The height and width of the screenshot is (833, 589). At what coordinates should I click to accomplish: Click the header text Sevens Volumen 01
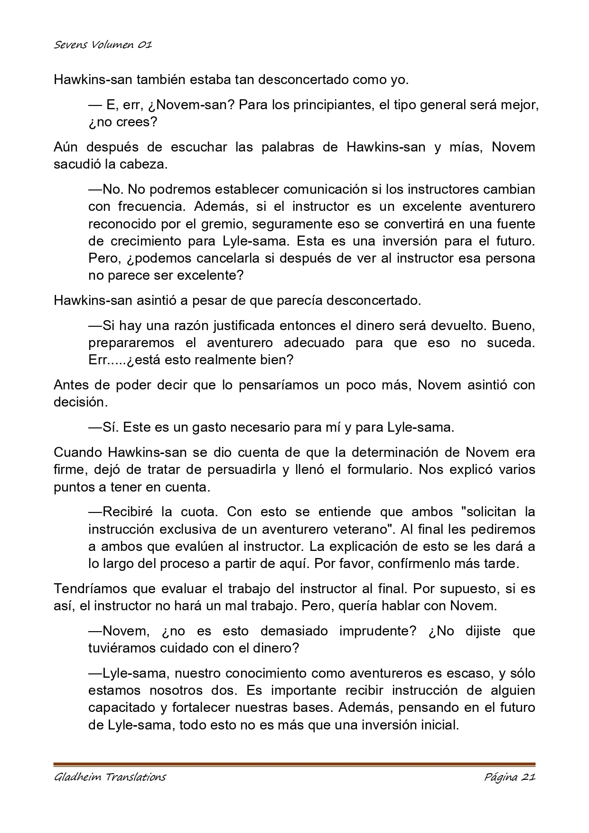(103, 45)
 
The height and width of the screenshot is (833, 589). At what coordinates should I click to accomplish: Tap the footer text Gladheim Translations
(110, 777)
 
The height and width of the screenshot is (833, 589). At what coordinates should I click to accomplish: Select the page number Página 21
(510, 777)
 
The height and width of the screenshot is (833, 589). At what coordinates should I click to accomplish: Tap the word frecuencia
(150, 207)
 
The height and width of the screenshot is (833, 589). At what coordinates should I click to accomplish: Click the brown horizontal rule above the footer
(294, 764)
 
